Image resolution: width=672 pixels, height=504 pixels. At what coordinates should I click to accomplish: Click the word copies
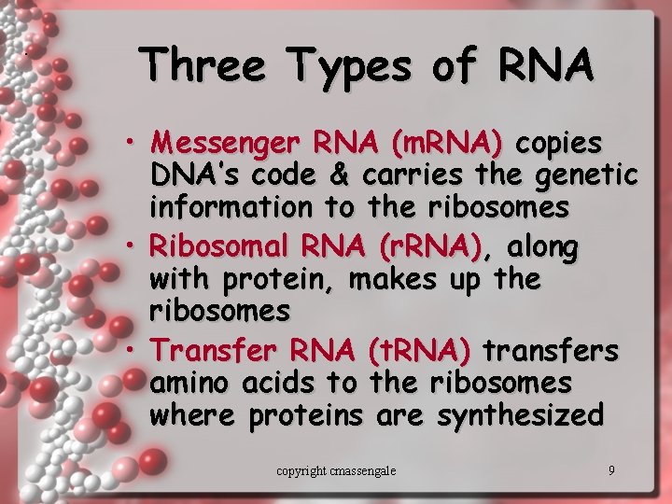pos(559,144)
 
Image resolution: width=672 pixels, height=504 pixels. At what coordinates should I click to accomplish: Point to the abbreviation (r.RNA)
pos(430,247)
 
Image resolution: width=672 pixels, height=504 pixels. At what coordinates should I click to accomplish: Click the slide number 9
pos(611,470)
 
